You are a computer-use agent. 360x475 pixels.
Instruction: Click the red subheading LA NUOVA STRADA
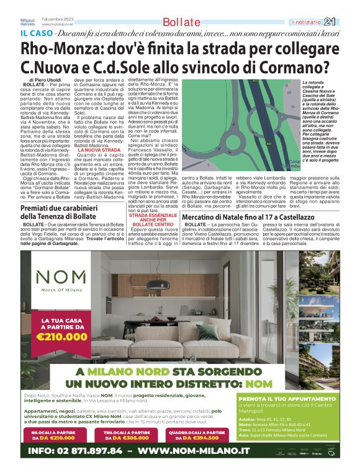coord(99,150)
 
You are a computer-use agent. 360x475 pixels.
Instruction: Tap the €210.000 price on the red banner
coord(61,337)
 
